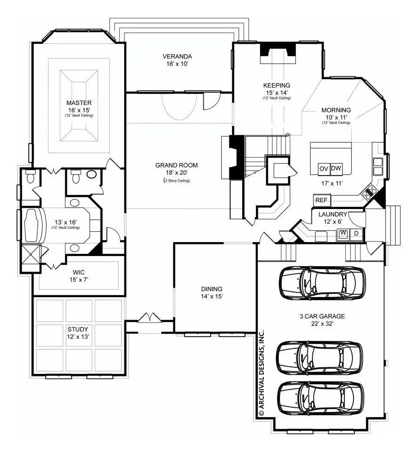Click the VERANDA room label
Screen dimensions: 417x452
177,56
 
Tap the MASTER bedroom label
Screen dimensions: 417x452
79,103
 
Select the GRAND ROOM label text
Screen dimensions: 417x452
177,165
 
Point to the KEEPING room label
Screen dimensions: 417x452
277,85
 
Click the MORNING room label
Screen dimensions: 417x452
336,110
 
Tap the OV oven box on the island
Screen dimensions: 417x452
324,169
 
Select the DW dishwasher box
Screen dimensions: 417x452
335,169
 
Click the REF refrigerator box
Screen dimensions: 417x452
321,200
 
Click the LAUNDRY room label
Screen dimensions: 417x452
333,215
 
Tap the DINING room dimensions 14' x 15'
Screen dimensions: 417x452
212,296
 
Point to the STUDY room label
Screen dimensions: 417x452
78,329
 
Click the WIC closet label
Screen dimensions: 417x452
79,273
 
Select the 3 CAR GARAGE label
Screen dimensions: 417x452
322,316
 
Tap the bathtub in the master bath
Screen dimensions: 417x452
34,226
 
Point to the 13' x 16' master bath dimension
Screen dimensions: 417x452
66,222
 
